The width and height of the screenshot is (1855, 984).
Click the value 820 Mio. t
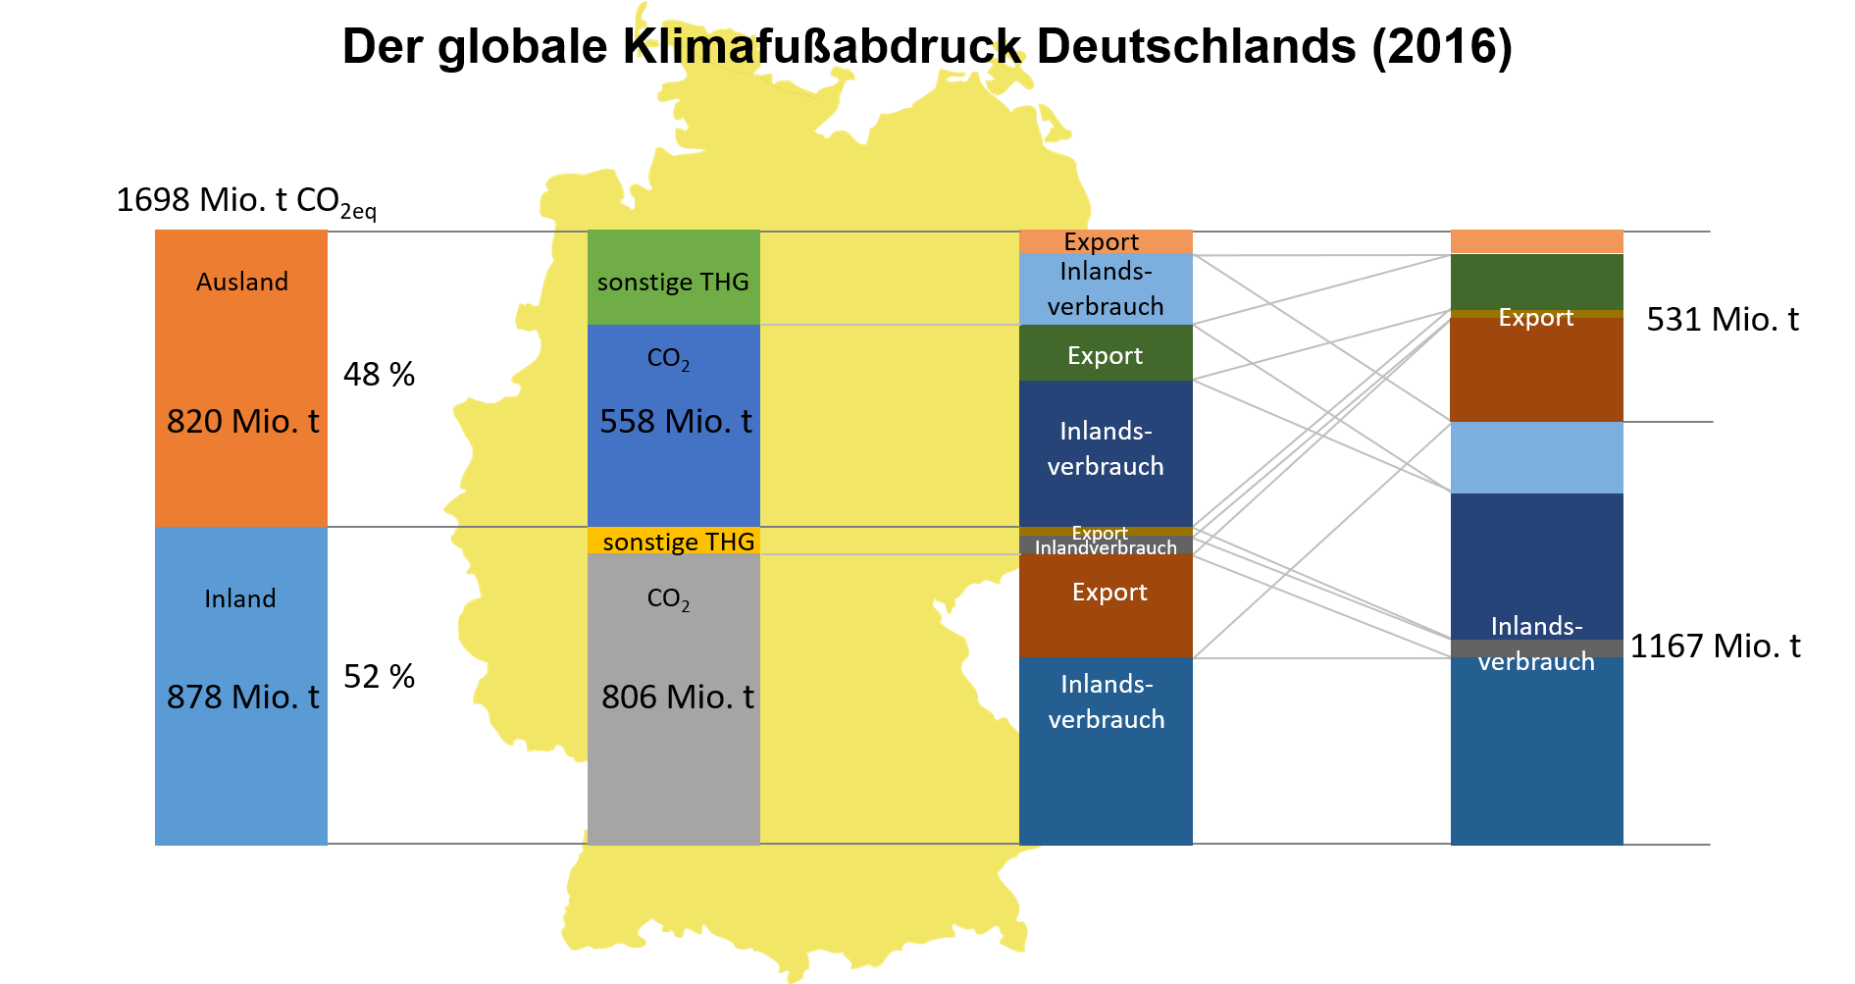242,422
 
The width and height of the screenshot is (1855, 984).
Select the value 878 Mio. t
242,698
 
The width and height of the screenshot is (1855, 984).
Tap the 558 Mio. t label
675,422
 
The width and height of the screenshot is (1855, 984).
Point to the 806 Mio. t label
677,698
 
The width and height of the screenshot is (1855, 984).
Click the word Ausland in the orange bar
241,283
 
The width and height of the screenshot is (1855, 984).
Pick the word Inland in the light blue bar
240,599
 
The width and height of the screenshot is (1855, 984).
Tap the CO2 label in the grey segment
668,599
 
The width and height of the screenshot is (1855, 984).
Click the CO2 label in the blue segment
668,359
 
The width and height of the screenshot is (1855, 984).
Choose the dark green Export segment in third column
1106,355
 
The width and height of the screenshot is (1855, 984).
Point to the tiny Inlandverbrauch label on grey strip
1106,547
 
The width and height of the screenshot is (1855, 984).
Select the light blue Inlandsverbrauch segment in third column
1106,288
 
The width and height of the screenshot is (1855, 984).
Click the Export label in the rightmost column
1535,318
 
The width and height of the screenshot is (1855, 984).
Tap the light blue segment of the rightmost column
1536,457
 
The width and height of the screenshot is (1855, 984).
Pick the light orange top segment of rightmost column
1536,241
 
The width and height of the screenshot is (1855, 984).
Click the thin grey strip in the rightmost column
1536,647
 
